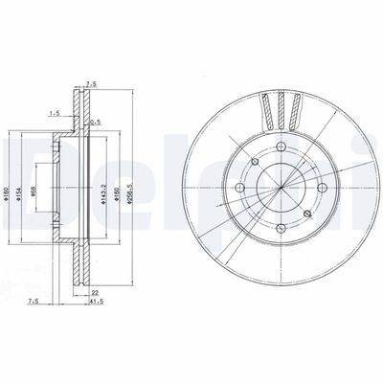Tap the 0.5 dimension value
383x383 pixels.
click(94, 122)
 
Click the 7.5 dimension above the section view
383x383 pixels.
click(92, 83)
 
